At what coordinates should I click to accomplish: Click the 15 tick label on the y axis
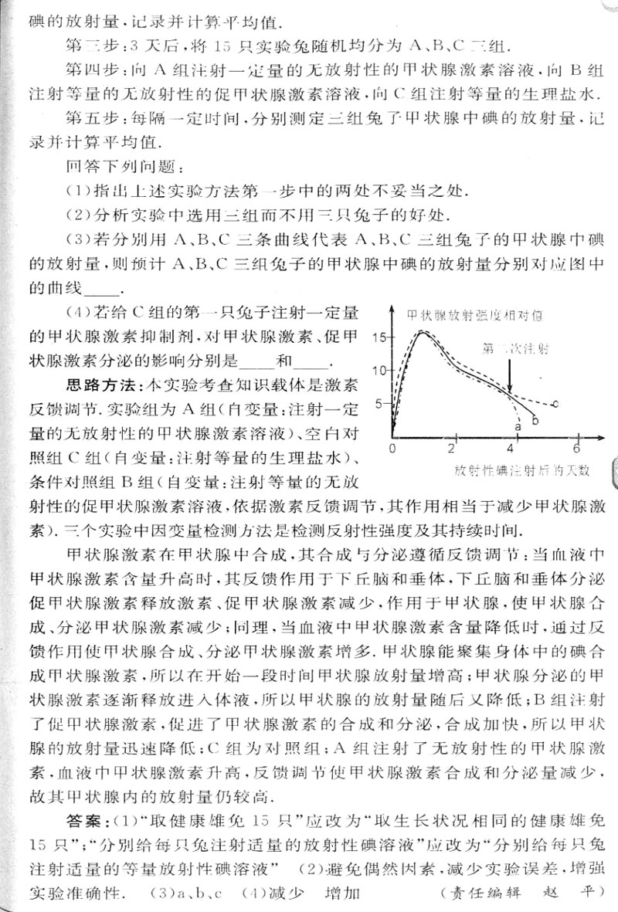pos(378,337)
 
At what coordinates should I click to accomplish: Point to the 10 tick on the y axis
pos(378,370)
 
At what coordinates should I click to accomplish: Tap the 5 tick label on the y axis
pos(379,402)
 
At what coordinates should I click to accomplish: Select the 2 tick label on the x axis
pos(452,449)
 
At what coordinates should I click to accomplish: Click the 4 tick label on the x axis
pos(512,449)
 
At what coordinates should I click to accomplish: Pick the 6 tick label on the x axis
pos(576,449)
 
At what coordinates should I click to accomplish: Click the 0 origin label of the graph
pos(392,449)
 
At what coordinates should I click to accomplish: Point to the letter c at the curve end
pos(555,404)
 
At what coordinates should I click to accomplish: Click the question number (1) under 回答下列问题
pos(77,189)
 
